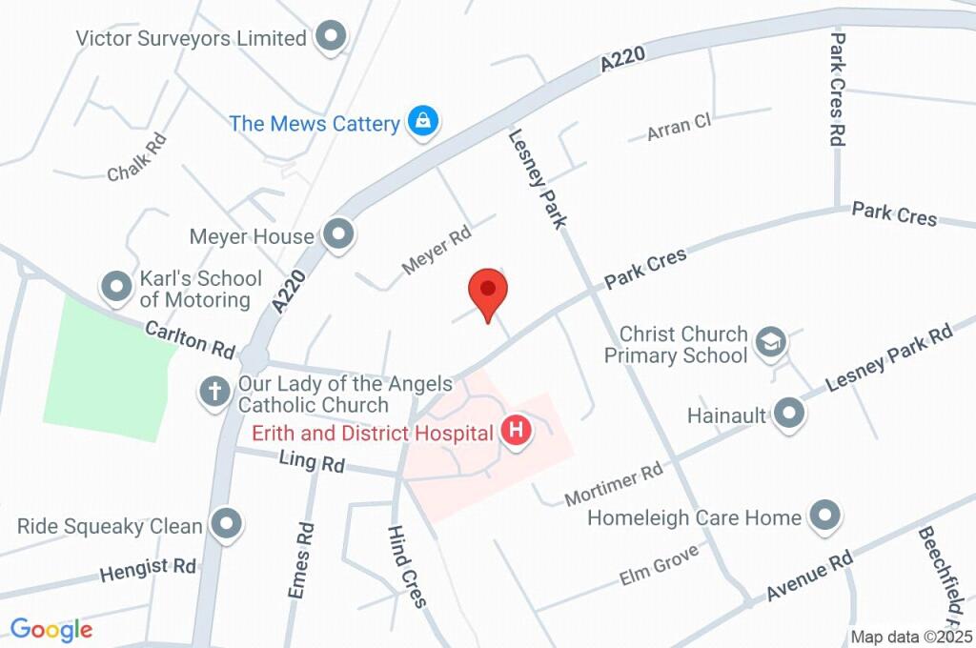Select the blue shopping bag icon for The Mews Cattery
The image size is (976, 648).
(x=422, y=122)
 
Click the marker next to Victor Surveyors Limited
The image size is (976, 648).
(x=331, y=37)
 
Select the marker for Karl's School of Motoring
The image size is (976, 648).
(x=116, y=286)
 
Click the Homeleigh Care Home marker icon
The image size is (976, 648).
(x=823, y=516)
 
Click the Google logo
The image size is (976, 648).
(x=51, y=629)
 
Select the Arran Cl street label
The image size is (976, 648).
(x=680, y=126)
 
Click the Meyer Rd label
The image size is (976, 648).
(x=437, y=250)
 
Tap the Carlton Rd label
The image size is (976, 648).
(x=190, y=339)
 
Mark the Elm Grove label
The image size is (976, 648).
(x=659, y=564)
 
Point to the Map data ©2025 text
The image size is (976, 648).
(x=912, y=637)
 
